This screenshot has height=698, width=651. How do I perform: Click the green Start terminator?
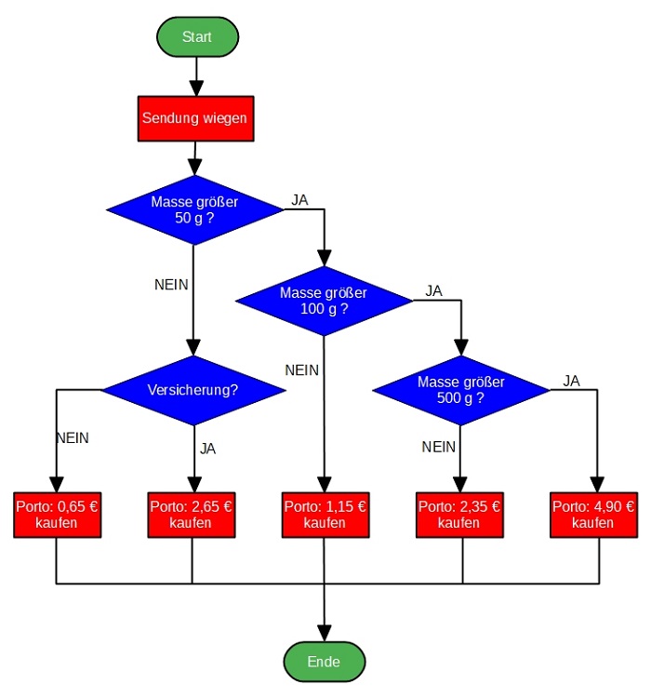(x=197, y=36)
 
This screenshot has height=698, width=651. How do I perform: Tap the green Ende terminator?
(x=324, y=662)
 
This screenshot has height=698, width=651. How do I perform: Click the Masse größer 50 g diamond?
(x=195, y=209)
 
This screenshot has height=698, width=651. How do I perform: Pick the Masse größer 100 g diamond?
(x=324, y=300)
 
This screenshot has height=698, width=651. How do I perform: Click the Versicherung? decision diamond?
(x=193, y=389)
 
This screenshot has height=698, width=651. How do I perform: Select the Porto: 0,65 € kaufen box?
(x=57, y=515)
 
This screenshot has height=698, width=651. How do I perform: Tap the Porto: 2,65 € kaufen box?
(x=191, y=515)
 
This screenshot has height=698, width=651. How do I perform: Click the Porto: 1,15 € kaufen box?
(x=325, y=515)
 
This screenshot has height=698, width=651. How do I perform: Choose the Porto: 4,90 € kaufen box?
(x=593, y=515)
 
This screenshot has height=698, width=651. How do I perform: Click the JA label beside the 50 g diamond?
(x=299, y=200)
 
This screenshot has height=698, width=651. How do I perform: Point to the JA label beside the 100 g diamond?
(x=433, y=290)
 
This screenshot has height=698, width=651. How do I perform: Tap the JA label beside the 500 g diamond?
(x=571, y=380)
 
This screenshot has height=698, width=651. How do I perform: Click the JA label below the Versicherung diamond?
(x=207, y=449)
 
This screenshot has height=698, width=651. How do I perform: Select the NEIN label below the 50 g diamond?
(x=171, y=284)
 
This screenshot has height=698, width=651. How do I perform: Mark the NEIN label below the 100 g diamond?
(x=302, y=370)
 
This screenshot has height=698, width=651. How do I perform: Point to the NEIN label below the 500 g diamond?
(x=439, y=447)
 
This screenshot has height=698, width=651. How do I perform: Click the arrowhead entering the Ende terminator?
(x=325, y=632)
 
